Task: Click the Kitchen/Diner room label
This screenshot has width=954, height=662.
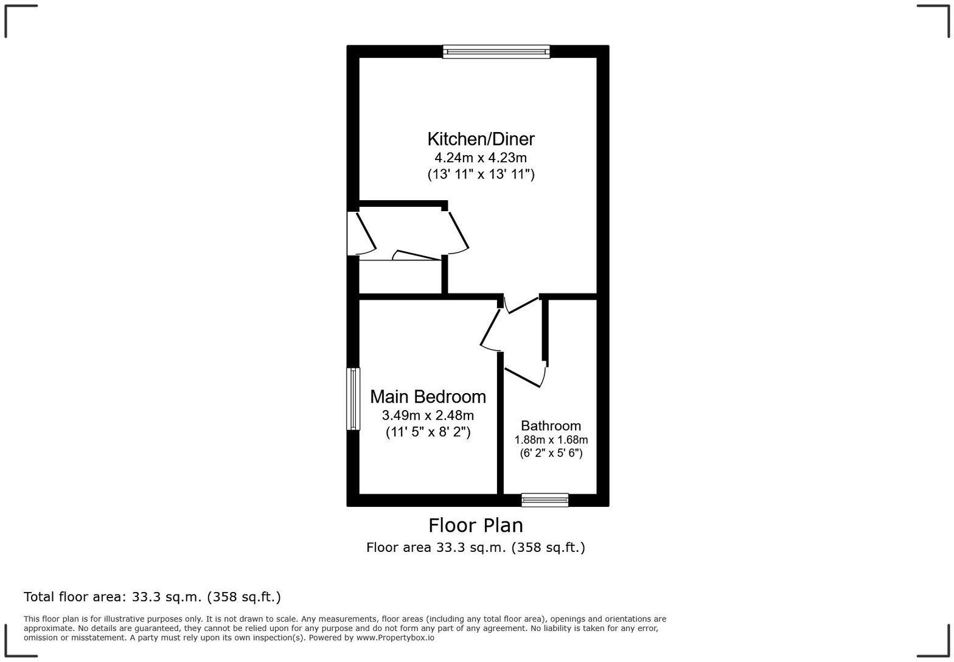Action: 481,139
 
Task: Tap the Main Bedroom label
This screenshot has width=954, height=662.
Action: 428,397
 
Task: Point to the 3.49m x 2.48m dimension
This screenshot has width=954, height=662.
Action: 428,416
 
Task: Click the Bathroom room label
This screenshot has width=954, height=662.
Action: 551,426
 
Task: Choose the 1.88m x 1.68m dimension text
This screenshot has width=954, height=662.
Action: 551,440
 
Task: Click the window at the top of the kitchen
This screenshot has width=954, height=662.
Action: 496,52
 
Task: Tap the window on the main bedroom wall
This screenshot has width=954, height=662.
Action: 353,399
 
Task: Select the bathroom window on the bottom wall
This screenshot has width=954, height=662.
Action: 545,500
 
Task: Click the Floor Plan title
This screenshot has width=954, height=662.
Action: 476,525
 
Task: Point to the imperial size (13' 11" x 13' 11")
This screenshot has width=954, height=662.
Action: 481,175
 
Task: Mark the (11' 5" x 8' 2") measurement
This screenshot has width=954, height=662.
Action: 428,432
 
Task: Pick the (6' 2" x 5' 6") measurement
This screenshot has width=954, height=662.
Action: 551,453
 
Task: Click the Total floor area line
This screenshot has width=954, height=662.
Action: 152,597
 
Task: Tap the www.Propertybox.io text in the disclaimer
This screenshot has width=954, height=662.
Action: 395,638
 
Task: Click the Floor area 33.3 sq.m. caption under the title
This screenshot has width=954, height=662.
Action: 476,548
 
